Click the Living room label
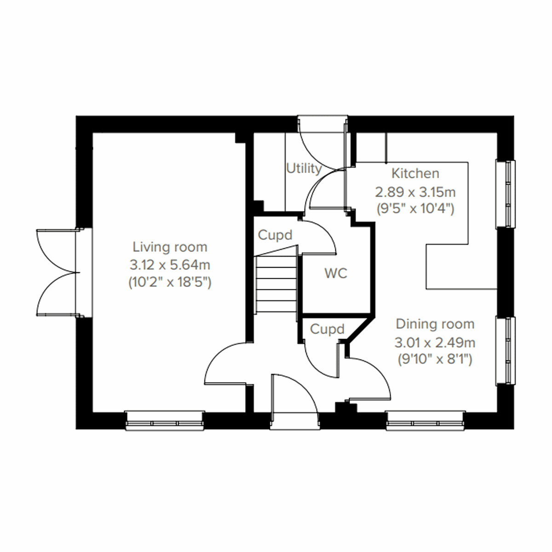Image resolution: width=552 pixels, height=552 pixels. pyautogui.click(x=170, y=247)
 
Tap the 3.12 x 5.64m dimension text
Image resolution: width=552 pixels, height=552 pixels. pyautogui.click(x=170, y=264)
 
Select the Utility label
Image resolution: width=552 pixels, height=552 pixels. pyautogui.click(x=304, y=168)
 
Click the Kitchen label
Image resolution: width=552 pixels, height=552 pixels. pyautogui.click(x=415, y=173)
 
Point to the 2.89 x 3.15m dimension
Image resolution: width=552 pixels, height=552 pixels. pyautogui.click(x=415, y=191)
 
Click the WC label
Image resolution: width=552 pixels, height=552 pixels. pyautogui.click(x=336, y=273)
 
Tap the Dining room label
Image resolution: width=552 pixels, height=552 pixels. pyautogui.click(x=435, y=324)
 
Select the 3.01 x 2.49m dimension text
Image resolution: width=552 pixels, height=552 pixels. pyautogui.click(x=435, y=342)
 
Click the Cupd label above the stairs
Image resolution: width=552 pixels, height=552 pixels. pyautogui.click(x=275, y=235)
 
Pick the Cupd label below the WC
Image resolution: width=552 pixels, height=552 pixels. pyautogui.click(x=327, y=329)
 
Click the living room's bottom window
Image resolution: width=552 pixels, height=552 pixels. pyautogui.click(x=165, y=421)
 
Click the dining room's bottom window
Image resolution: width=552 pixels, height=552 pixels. pyautogui.click(x=425, y=421)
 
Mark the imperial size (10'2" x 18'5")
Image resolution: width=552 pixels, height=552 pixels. pyautogui.click(x=170, y=282)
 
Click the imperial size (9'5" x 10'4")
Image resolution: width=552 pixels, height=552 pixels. pyautogui.click(x=415, y=208)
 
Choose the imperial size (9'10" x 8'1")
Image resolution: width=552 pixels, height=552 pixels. pyautogui.click(x=435, y=359)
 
